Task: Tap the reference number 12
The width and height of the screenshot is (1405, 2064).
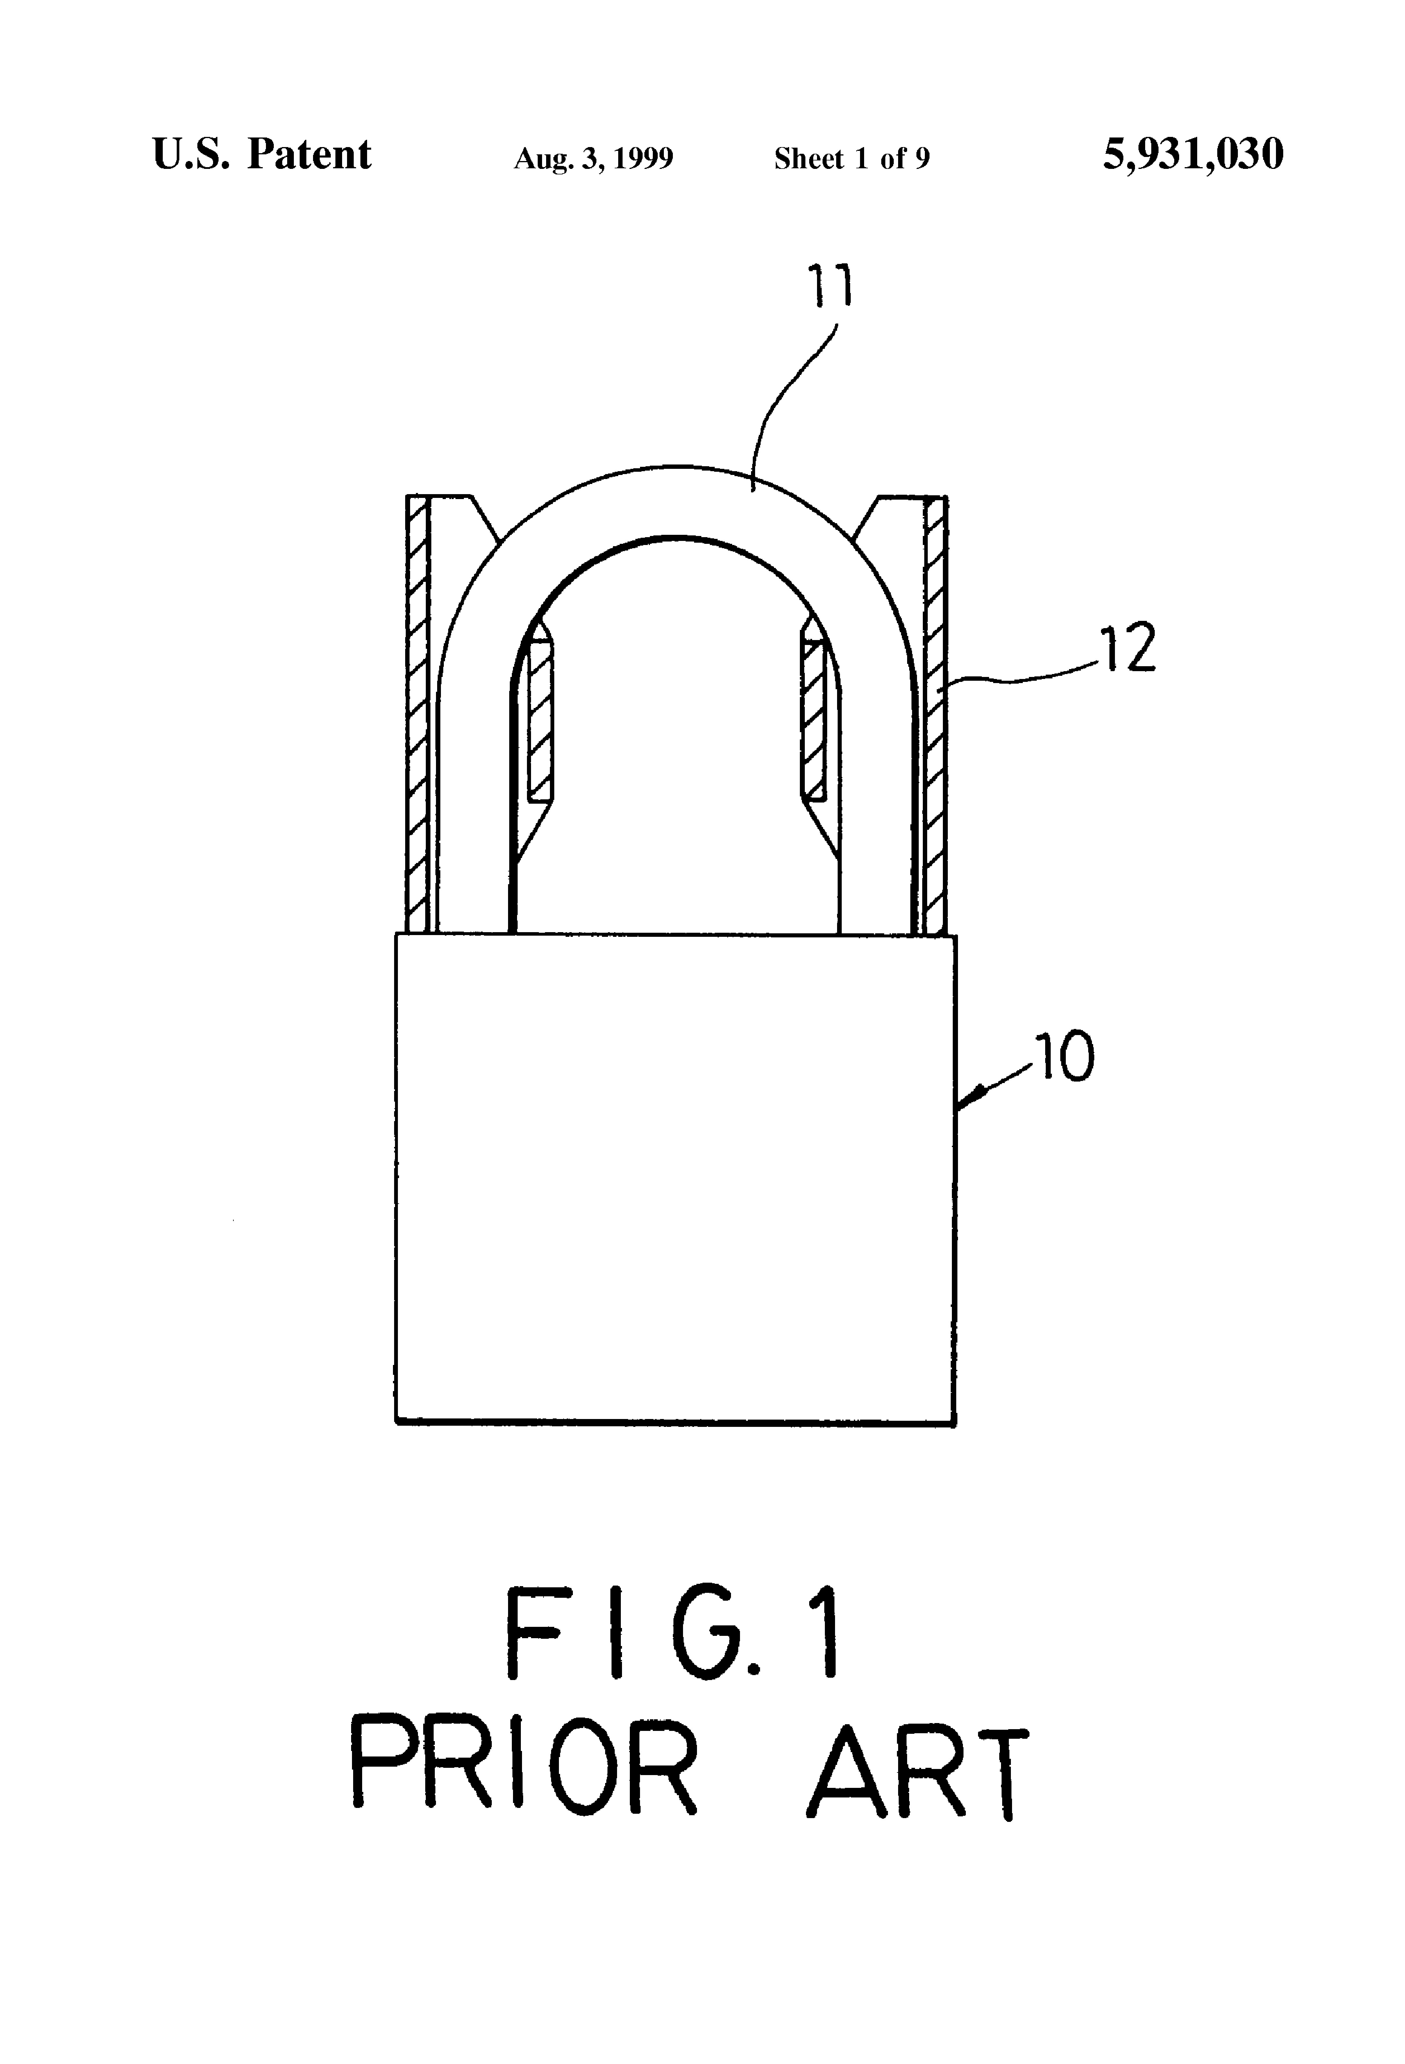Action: (x=1128, y=649)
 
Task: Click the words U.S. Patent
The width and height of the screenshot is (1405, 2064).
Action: (x=261, y=155)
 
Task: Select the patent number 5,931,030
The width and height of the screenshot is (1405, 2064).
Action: (x=1193, y=155)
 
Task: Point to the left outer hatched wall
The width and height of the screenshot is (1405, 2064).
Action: (x=417, y=710)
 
